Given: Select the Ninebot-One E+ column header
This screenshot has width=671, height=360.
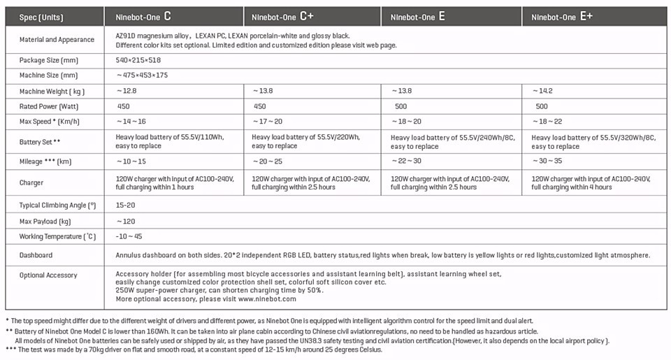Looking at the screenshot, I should point(562,16).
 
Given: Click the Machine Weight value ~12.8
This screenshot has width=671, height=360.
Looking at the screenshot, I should point(127,91).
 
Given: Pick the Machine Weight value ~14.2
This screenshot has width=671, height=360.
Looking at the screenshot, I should point(542,91).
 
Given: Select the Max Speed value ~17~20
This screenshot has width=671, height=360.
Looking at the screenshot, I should point(267,122).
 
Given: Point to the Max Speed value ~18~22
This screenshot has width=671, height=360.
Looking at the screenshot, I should point(547,122).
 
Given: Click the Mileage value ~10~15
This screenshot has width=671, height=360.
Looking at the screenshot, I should point(131,161).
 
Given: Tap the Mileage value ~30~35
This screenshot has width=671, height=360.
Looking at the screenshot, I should point(547,161).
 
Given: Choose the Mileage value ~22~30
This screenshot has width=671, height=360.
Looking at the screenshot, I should point(406,161).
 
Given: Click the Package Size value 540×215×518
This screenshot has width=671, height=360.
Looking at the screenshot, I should point(138,61).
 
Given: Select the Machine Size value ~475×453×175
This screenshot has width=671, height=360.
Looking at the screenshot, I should point(142,75).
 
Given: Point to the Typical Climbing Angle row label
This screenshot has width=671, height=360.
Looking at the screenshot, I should point(57,206).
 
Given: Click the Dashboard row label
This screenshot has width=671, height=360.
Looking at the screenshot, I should point(36,255).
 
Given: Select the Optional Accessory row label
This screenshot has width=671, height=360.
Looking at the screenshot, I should point(48,275).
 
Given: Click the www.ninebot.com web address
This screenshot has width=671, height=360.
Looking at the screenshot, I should point(267,299).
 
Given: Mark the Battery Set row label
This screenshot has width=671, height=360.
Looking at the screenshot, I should point(40,142).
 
